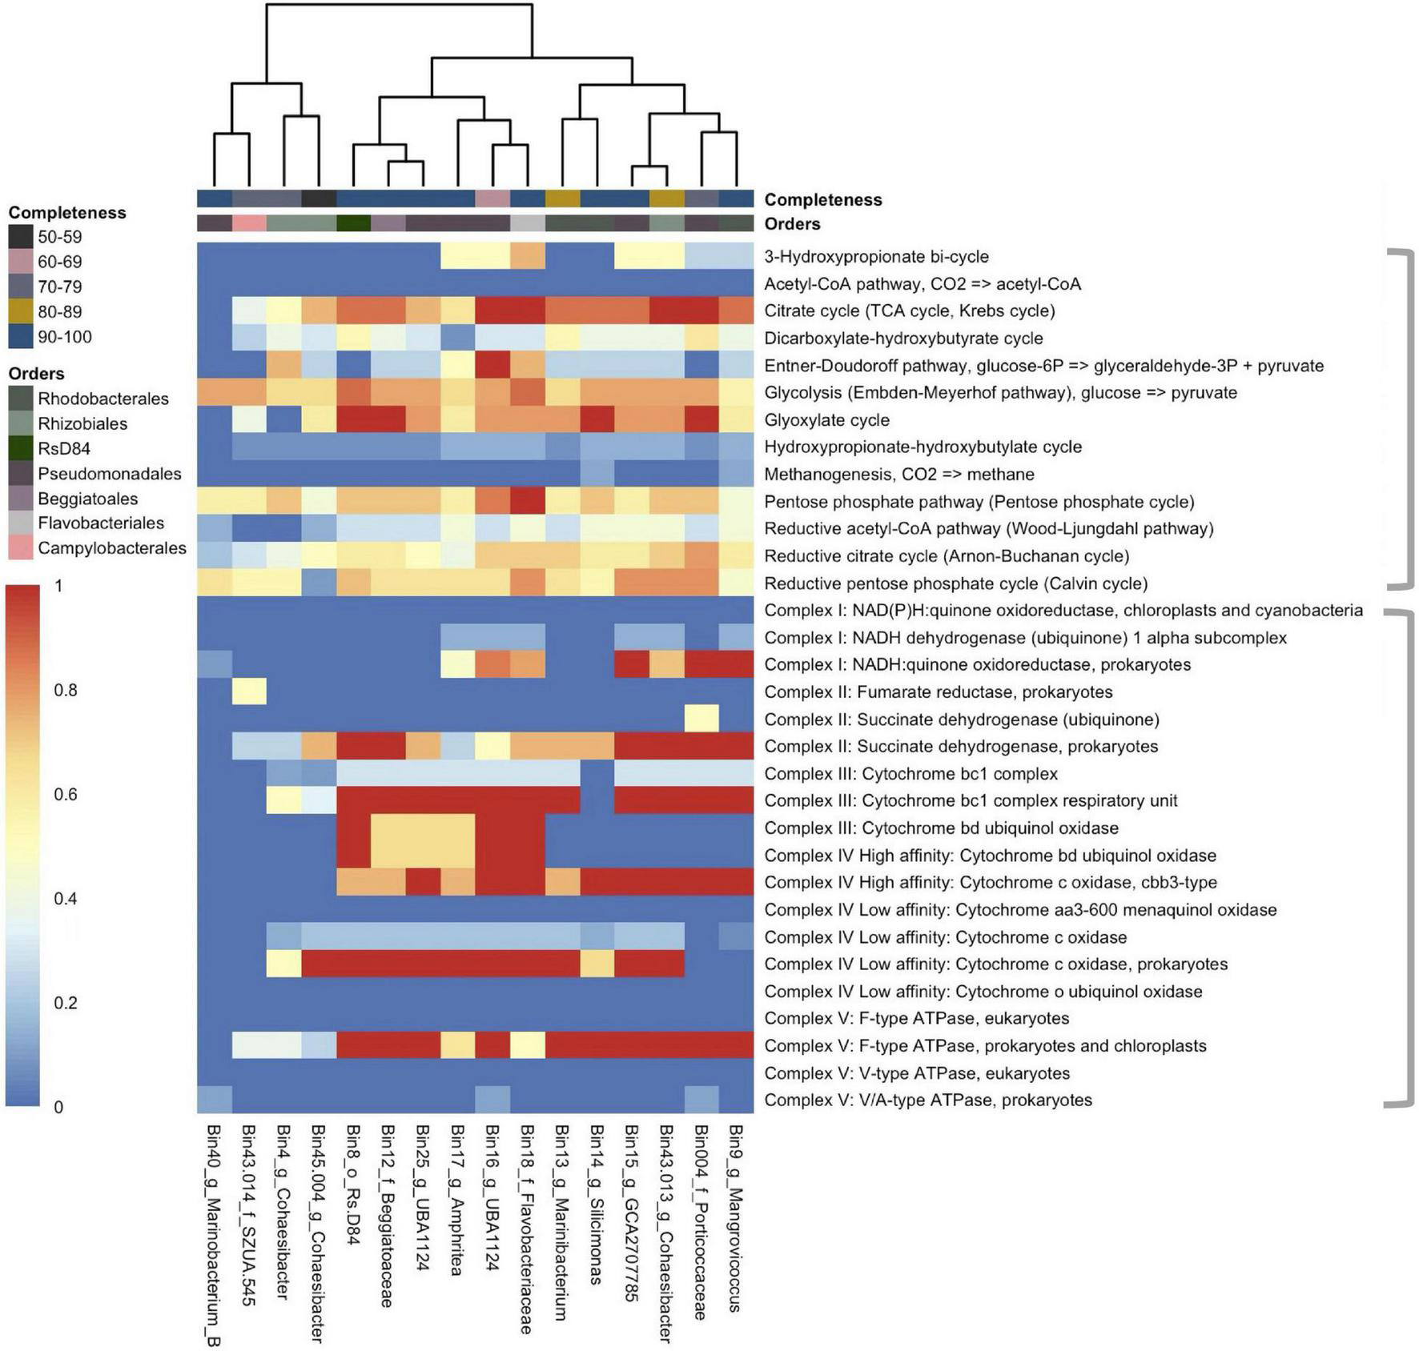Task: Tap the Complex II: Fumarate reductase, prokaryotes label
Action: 938,692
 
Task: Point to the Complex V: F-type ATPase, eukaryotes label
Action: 916,1019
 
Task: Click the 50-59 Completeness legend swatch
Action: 21,237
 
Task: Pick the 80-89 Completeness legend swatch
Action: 21,312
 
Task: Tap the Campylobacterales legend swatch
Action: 21,548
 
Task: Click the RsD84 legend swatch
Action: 21,449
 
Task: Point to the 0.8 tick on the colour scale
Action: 66,691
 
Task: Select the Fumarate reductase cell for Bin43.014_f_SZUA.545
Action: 249,692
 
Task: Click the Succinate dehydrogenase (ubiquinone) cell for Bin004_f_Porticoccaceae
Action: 701,720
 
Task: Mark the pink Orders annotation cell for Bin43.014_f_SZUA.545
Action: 249,223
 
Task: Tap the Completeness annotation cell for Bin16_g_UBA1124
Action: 492,198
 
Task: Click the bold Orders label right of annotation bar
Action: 792,224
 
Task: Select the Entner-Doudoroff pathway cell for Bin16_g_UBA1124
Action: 492,366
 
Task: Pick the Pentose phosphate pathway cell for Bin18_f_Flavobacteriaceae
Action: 527,502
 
